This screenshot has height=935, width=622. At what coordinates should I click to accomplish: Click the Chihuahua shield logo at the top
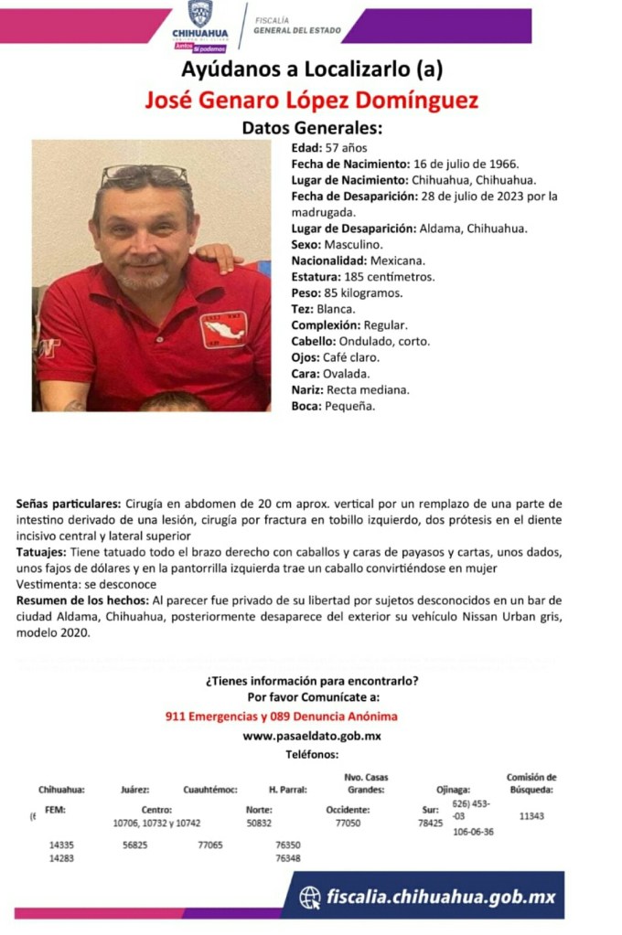[x=200, y=15]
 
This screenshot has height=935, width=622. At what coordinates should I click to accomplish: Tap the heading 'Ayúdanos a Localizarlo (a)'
[x=311, y=69]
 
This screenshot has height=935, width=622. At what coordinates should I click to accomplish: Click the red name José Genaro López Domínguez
[x=311, y=100]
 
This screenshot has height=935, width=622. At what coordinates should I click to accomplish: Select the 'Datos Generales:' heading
[x=311, y=129]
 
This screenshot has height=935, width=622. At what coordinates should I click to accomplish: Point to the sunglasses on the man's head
[x=144, y=173]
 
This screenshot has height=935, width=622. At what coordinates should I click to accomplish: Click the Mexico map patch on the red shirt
[x=222, y=330]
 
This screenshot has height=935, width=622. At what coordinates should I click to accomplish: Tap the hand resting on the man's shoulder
[x=220, y=256]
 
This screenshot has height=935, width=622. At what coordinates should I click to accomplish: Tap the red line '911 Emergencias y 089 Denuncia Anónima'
[x=282, y=717]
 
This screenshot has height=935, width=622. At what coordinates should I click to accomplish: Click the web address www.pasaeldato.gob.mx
[x=312, y=736]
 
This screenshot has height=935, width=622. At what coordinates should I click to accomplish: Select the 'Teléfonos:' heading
[x=312, y=754]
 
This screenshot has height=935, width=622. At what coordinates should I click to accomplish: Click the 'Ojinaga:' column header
[x=455, y=790]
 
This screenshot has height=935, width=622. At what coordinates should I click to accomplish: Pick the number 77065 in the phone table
[x=210, y=846]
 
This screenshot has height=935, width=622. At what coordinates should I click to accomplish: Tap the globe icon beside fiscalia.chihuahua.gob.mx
[x=311, y=897]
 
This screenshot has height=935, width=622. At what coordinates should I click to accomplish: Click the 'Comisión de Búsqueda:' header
[x=531, y=783]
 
